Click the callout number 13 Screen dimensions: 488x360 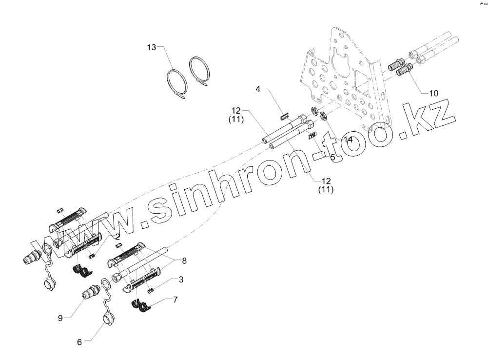[x=152, y=47]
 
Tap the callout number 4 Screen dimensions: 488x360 [x=259, y=89]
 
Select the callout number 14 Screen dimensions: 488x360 [x=348, y=140]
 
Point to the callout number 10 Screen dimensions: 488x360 [x=433, y=93]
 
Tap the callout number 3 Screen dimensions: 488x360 [x=181, y=280]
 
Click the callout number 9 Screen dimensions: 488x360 [x=60, y=318]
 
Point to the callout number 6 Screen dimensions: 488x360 [x=79, y=342]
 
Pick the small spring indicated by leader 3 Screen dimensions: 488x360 [x=151, y=291]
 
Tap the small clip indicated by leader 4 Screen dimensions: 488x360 [x=284, y=116]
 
